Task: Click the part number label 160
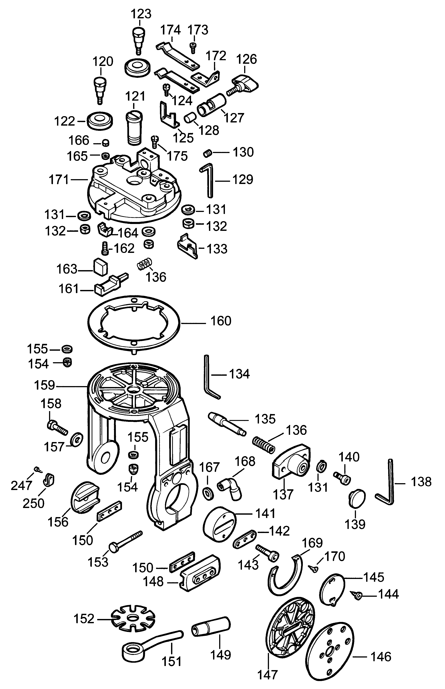pyautogui.click(x=221, y=321)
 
